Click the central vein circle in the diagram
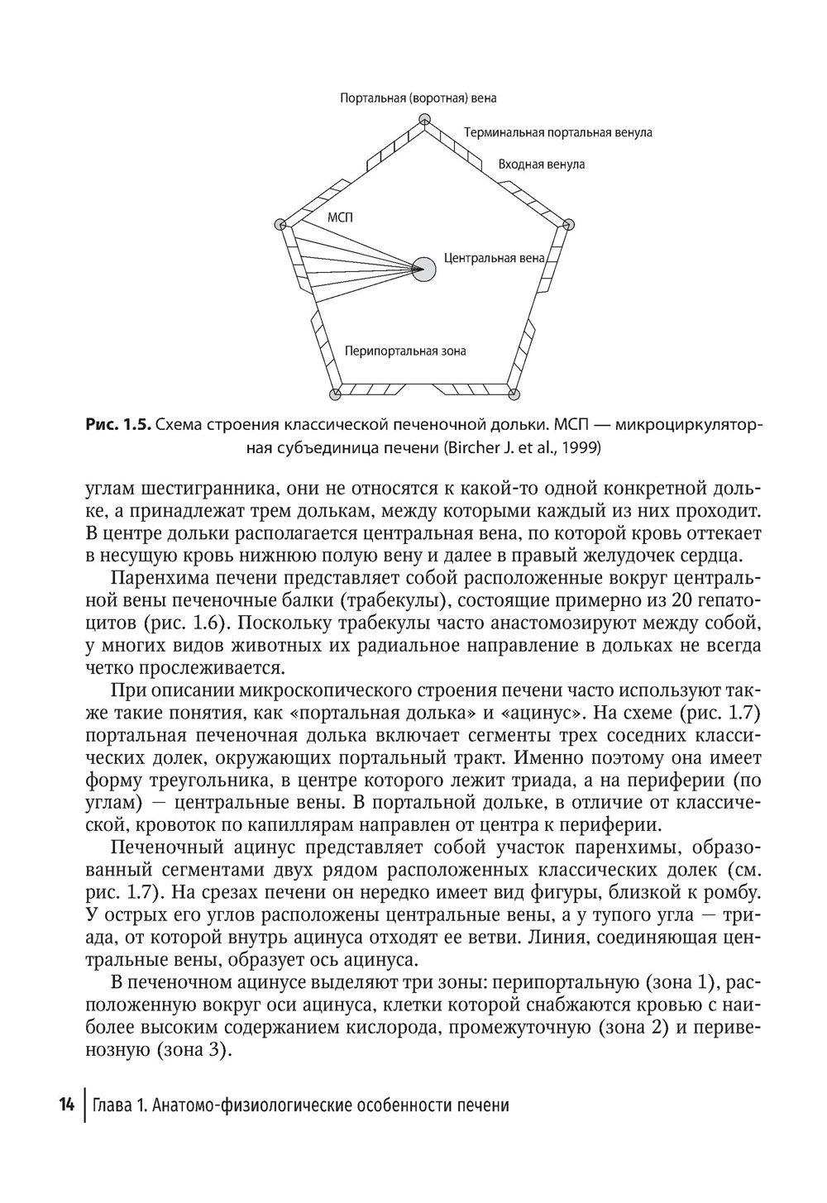click(423, 269)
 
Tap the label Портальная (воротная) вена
click(418, 98)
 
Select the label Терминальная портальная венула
click(557, 132)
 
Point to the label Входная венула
click(541, 165)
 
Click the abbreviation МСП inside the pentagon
click(340, 218)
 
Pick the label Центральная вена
click(494, 258)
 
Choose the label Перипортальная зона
click(405, 351)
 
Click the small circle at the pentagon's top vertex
click(423, 121)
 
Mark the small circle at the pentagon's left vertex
click(280, 224)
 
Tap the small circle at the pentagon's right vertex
click(568, 224)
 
